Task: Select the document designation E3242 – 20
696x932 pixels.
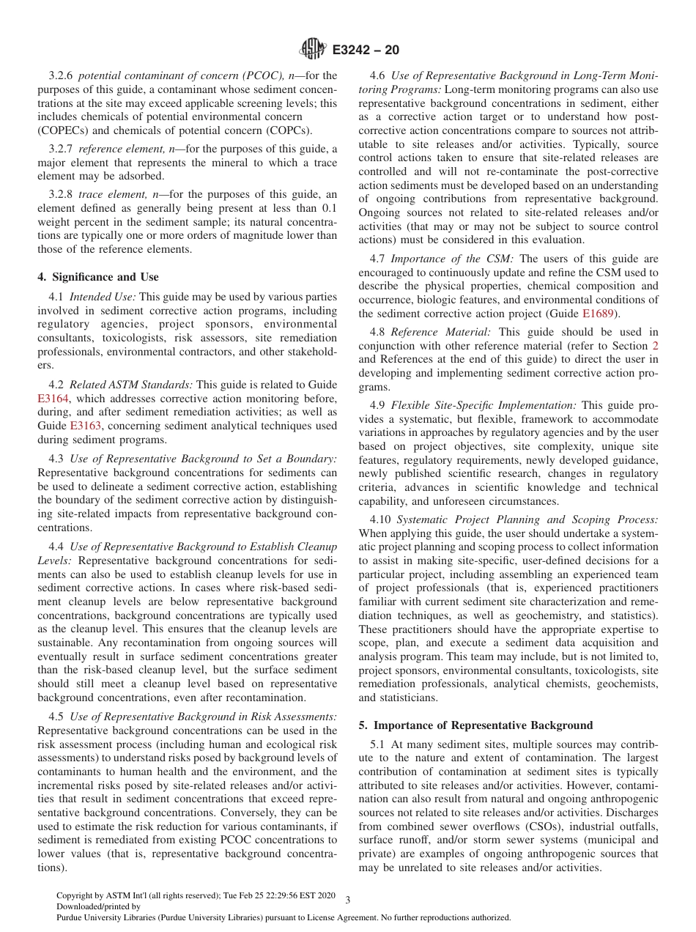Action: pos(366,51)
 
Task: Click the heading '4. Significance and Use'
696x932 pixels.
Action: pos(97,277)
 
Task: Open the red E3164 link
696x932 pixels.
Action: pos(53,398)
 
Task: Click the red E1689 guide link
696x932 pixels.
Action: pos(596,314)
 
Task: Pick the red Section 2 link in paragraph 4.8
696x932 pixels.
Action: pos(654,345)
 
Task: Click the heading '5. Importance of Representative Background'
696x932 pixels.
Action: pos(475,725)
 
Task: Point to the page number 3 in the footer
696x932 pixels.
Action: pos(347,900)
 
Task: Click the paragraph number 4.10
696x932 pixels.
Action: pos(381,519)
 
